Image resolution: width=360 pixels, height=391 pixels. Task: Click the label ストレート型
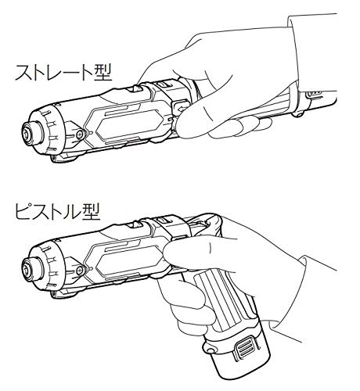click(64, 73)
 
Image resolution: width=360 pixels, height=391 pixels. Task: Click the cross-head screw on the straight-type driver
click(80, 135)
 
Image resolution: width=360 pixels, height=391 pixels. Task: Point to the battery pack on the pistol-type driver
click(236, 354)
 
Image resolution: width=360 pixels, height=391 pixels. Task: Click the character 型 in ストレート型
click(103, 73)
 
